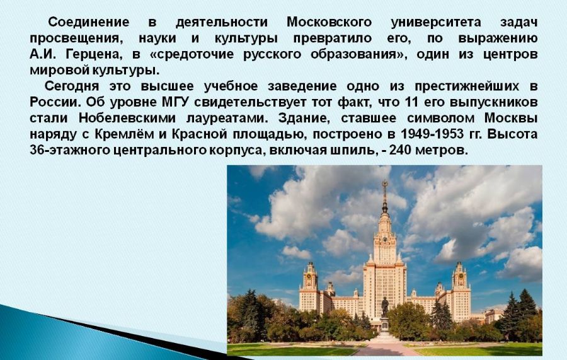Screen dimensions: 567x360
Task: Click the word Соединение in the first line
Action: [89, 23]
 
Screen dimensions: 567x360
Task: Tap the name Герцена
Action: [93, 54]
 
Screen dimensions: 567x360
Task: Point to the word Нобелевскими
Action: [127, 118]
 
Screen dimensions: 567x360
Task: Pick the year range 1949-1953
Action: [432, 134]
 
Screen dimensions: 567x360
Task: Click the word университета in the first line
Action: [436, 23]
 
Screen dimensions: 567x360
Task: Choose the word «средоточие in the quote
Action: [194, 54]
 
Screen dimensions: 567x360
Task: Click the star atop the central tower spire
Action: [385, 183]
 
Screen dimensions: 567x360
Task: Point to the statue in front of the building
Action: [385, 307]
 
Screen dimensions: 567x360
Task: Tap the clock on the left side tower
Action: [309, 276]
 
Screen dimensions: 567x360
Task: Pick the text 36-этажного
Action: [69, 150]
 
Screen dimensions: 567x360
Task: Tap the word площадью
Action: [268, 134]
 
